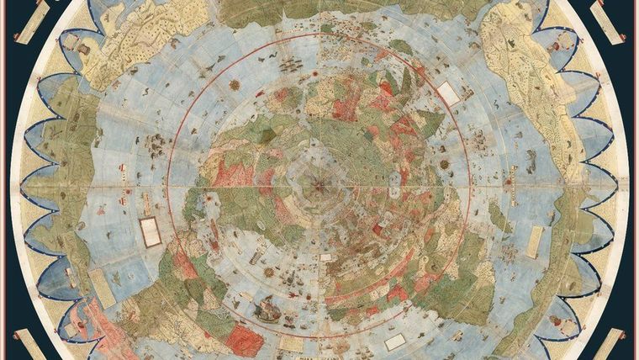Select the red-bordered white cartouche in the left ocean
pos(151,231)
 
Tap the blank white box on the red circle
pos(448,94)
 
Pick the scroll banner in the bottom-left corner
pos(30,343)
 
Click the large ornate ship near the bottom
pos(267,309)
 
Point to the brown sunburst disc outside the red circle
pos(234,85)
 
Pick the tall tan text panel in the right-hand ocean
pos(535,241)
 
